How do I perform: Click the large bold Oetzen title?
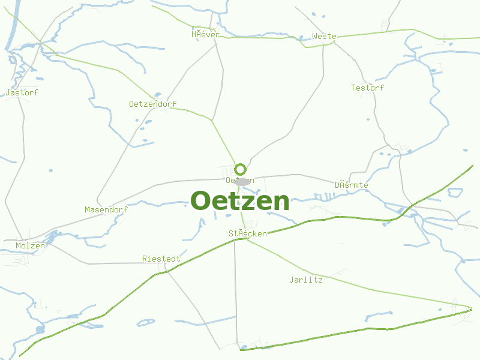coord(240,201)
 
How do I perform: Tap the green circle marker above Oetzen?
coord(241,169)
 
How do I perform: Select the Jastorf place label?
coord(22,93)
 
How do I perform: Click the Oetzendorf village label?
coord(153,104)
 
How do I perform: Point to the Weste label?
coord(324,37)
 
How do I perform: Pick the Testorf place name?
coord(367,88)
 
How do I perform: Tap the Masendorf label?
coord(106,210)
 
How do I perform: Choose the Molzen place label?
coord(30,246)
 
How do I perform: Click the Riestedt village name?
coord(161,259)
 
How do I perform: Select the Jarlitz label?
coord(306,280)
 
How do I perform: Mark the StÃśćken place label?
coord(247,233)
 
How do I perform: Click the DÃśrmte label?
coord(352,185)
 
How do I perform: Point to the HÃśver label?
coord(205,35)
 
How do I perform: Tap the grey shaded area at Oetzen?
coord(242,182)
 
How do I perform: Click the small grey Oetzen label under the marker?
coord(240,180)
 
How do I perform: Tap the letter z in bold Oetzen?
coord(244,203)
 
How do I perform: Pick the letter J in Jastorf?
coord(8,93)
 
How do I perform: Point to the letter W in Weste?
coord(315,37)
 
